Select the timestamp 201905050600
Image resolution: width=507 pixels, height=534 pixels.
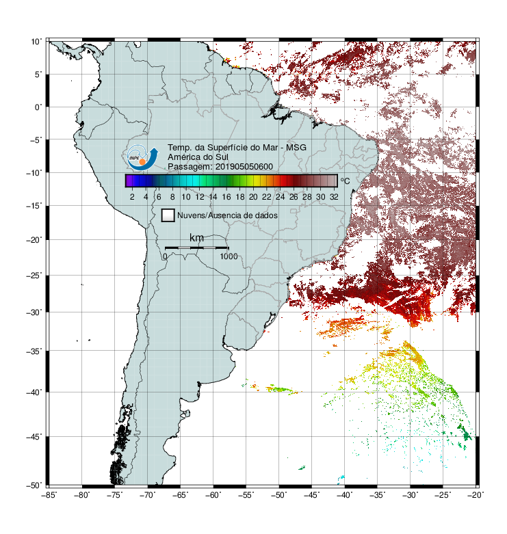pyautogui.click(x=244, y=167)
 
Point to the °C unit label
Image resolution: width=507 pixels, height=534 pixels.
pyautogui.click(x=345, y=181)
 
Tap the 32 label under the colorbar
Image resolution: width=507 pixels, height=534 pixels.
pyautogui.click(x=334, y=197)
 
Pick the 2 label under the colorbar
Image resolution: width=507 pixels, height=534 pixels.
pyautogui.click(x=132, y=197)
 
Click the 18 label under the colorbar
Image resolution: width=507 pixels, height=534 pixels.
pyautogui.click(x=240, y=197)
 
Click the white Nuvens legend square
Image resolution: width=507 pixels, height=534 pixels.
pyautogui.click(x=168, y=215)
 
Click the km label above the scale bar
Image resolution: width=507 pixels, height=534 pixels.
pyautogui.click(x=196, y=238)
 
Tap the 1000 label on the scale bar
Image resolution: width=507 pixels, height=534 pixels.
pyautogui.click(x=229, y=256)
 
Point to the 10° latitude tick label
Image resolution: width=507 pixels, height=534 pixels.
pyautogui.click(x=36, y=42)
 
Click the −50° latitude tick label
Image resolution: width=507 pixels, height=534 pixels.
pyautogui.click(x=34, y=485)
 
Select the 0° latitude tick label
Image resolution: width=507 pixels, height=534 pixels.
pyautogui.click(x=38, y=107)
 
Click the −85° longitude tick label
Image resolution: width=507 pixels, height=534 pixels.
pyautogui.click(x=49, y=495)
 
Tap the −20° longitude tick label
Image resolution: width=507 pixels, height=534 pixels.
pyautogui.click(x=476, y=495)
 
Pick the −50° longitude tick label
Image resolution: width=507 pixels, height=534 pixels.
pyautogui.click(x=278, y=495)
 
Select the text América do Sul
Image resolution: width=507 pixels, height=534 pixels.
pyautogui.click(x=198, y=157)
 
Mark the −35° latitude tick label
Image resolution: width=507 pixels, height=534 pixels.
pyautogui.click(x=34, y=351)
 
